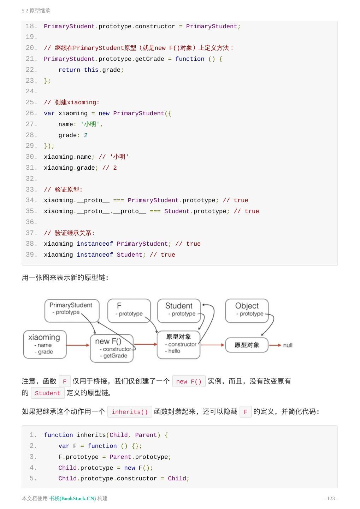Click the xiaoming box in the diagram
coord(45,344)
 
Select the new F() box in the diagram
coord(112,348)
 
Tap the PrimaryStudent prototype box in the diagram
coord(72,310)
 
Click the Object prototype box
coord(247,310)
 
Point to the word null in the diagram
coord(288,345)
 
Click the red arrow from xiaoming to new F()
coord(78,345)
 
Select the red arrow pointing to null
coord(275,345)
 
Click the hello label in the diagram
coord(174,351)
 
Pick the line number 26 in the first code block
coord(31,113)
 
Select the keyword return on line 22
coord(69,70)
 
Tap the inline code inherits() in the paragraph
coord(130,412)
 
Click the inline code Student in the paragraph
coord(47,393)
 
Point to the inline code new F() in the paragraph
coord(189,381)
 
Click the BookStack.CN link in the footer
coord(72,498)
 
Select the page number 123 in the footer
coord(331,498)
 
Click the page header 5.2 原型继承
coord(36,11)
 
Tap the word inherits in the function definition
coord(91,435)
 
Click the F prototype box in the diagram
coord(129,310)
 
